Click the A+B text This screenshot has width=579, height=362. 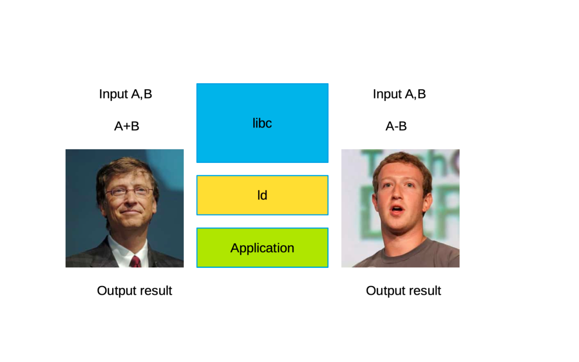click(x=127, y=126)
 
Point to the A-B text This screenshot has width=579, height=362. click(x=396, y=126)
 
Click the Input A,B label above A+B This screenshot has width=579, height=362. click(x=126, y=94)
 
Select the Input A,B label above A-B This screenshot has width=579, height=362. click(x=399, y=94)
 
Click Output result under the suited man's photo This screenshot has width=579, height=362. click(x=134, y=291)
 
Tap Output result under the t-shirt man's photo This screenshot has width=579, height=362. click(x=403, y=291)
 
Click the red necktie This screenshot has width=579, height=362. click(x=135, y=262)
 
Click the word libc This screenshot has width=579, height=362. click(x=262, y=123)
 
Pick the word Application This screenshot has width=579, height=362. click(x=262, y=248)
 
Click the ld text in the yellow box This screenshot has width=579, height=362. click(x=262, y=195)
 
